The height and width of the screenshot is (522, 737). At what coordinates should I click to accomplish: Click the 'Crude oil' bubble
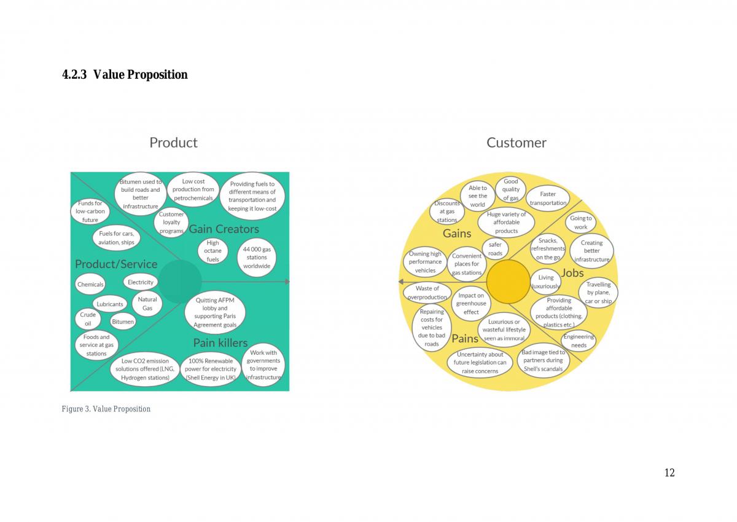(88, 319)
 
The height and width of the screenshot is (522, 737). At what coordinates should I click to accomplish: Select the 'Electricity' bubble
(141, 282)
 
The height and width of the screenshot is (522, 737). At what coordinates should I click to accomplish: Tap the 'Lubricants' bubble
(110, 304)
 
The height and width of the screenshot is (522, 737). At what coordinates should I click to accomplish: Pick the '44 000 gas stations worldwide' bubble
(257, 257)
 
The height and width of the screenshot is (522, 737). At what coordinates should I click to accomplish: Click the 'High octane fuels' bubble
(213, 251)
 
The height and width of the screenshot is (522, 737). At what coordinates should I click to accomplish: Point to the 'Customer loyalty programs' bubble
(171, 223)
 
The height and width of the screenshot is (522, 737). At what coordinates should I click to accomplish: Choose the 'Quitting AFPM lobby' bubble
(215, 312)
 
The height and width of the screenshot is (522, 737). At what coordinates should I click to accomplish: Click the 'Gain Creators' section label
(224, 229)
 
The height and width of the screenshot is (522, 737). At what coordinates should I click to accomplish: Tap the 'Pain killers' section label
(220, 343)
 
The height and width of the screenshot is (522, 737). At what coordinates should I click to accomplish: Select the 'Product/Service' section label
(116, 264)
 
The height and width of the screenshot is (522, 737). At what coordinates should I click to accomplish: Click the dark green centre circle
(179, 282)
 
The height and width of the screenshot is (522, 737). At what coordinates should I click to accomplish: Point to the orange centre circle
(509, 282)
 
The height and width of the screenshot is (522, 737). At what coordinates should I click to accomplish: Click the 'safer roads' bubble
(495, 249)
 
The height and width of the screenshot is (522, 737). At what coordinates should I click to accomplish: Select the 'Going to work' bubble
(581, 223)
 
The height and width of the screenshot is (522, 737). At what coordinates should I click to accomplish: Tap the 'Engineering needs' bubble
(579, 341)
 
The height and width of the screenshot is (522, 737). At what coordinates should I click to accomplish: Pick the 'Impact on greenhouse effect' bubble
(471, 304)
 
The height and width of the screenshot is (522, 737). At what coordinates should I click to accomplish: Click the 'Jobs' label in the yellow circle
(572, 273)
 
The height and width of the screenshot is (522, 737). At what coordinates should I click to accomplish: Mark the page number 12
(669, 473)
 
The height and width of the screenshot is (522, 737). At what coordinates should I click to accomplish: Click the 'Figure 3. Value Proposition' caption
(106, 409)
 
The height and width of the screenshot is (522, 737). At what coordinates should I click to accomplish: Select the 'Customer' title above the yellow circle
(517, 143)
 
